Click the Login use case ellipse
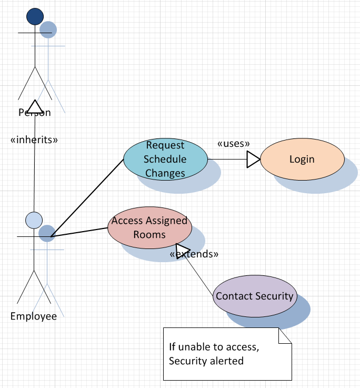pos(302,159)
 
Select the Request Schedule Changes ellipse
pos(165,158)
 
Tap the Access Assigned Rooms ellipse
pos(149,228)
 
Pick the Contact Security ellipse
pos(255,296)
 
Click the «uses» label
pos(233,143)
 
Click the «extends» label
pos(194,254)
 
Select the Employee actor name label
pos(34,316)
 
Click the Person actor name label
pos(35,112)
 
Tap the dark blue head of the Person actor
pos(35,17)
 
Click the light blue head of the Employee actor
pos(34,220)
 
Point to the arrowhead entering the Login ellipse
pos(254,159)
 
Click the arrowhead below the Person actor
pos(34,106)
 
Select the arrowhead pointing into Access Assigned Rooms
pos(183,250)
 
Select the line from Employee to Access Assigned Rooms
pos(79,232)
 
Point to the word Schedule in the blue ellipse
pos(165,159)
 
